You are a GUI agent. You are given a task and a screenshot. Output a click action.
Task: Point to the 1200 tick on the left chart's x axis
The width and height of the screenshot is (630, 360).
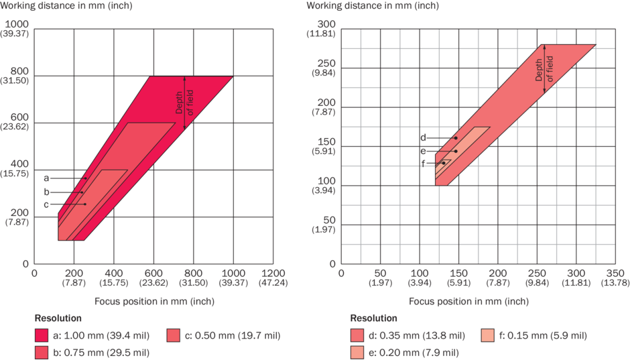click(x=272, y=273)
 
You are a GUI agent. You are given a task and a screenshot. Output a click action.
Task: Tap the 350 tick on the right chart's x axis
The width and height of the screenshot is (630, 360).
click(x=615, y=273)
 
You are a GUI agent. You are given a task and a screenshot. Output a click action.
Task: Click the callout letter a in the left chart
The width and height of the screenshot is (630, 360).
click(x=47, y=178)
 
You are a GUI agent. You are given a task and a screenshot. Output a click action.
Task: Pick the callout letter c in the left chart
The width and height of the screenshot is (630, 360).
click(x=47, y=204)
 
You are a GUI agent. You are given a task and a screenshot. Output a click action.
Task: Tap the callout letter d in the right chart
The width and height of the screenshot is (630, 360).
click(x=423, y=138)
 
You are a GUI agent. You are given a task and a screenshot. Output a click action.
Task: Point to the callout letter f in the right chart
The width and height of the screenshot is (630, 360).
click(x=423, y=164)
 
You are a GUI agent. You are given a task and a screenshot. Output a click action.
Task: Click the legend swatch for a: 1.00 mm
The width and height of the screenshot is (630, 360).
click(x=44, y=335)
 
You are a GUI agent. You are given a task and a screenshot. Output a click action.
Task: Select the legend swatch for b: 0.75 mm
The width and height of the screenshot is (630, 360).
click(x=44, y=352)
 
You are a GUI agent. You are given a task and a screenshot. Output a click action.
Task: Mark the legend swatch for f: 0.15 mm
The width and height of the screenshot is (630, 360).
click(x=490, y=335)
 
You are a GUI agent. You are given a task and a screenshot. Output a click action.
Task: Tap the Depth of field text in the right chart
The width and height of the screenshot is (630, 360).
click(x=544, y=67)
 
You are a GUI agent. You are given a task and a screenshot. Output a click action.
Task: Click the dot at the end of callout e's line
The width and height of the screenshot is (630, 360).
click(x=456, y=151)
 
